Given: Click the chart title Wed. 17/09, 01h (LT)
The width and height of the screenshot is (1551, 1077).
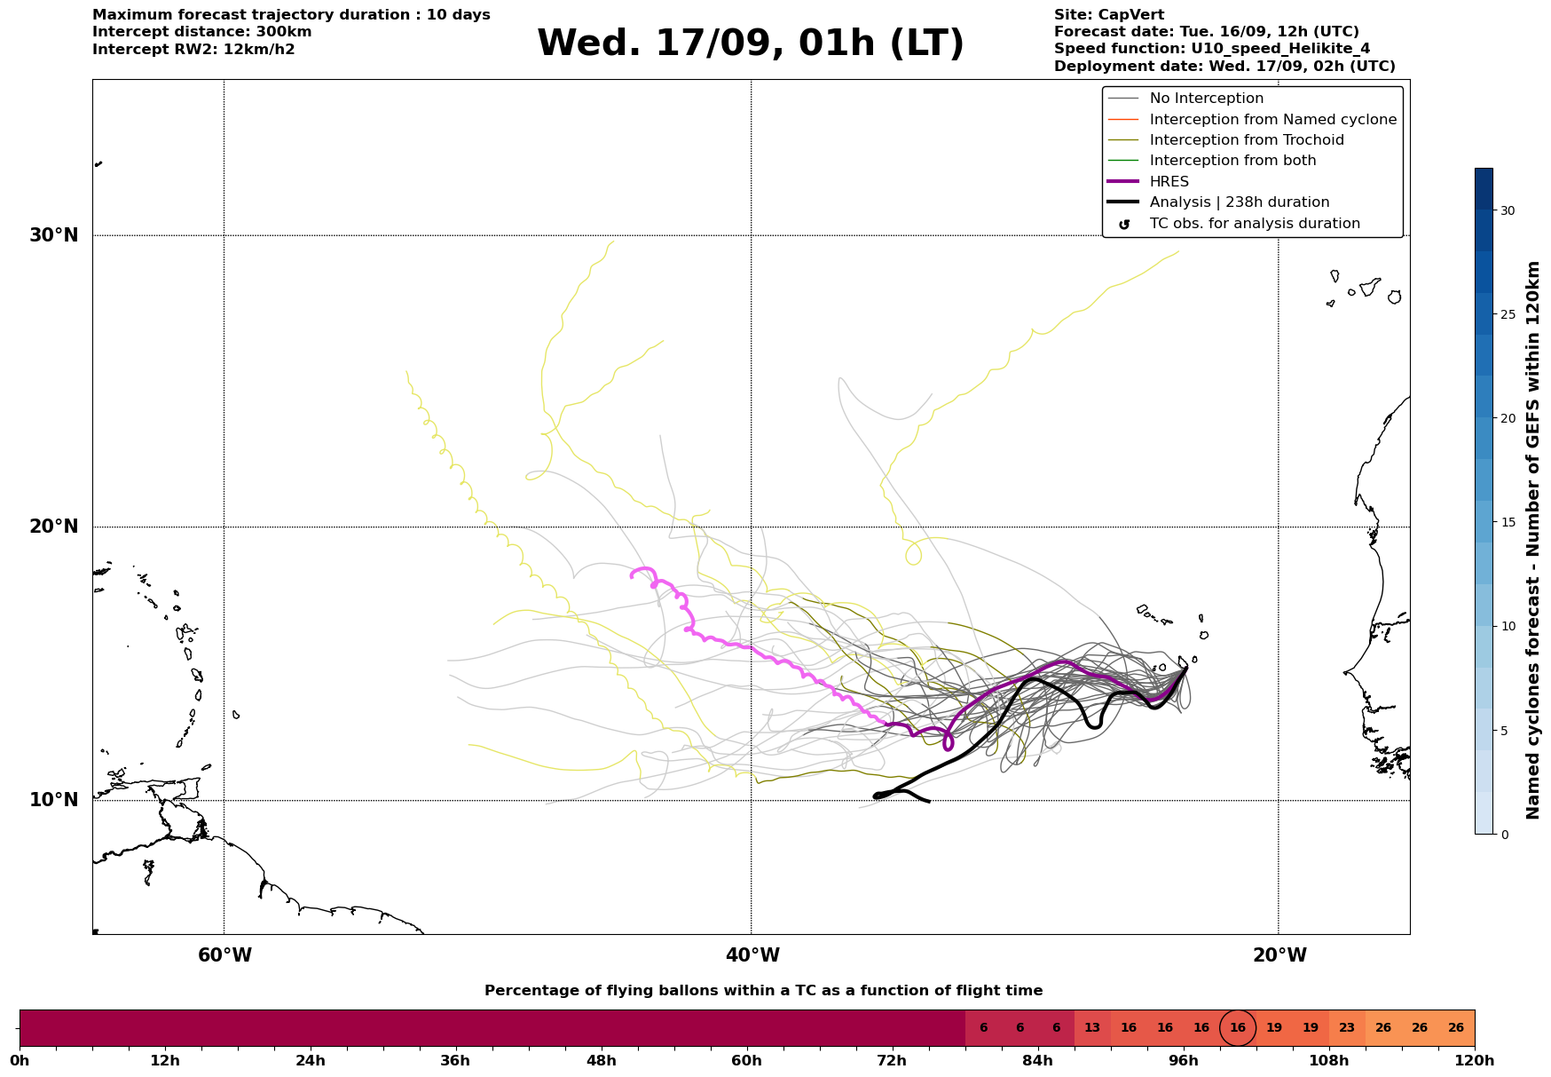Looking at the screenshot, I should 750,44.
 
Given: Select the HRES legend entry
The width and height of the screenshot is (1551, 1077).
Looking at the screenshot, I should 1169,182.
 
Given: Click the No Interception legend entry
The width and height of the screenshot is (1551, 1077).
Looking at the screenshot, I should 1206,99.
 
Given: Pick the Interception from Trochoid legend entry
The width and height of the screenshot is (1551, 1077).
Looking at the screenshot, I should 1246,140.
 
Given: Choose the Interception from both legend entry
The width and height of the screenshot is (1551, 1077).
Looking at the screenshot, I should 1232,161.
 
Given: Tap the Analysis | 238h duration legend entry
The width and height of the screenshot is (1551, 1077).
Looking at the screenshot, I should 1239,202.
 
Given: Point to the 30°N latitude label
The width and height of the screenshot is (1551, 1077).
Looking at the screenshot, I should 54,235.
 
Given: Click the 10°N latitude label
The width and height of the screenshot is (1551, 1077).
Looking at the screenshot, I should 54,800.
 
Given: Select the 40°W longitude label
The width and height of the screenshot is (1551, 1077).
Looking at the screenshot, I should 752,955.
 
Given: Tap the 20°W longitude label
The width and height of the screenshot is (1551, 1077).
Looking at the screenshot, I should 1279,955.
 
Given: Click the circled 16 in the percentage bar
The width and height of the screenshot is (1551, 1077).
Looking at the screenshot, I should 1238,1028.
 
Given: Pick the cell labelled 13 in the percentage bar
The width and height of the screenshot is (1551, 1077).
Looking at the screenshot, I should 1092,1028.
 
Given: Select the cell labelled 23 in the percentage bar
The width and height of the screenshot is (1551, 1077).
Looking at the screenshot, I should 1347,1028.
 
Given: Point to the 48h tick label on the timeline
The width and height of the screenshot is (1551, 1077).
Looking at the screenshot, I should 602,1061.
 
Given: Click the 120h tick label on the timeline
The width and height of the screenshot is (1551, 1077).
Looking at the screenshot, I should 1475,1061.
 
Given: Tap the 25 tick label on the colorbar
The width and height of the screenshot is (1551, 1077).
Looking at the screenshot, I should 1508,314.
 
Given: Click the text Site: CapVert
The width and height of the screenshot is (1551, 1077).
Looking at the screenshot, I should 1109,15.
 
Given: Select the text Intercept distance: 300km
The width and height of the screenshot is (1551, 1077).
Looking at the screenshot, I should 202,32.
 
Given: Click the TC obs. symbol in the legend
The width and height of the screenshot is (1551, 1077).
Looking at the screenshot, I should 1124,225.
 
